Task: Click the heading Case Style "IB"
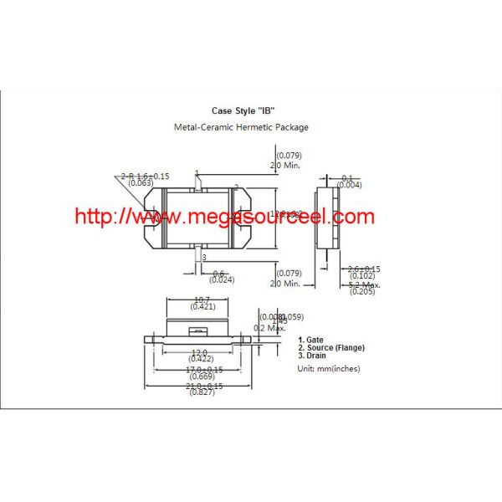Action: click(x=243, y=110)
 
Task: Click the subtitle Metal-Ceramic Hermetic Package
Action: click(x=241, y=127)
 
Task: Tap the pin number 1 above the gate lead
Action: click(x=197, y=173)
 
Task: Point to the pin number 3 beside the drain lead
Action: click(x=203, y=258)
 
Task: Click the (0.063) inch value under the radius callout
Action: click(x=142, y=182)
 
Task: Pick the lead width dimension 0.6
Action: click(x=219, y=273)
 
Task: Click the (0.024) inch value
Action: click(x=221, y=279)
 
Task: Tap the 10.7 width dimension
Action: click(x=202, y=300)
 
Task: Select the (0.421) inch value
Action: click(x=202, y=307)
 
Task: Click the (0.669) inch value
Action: click(x=202, y=377)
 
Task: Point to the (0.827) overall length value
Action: click(x=202, y=392)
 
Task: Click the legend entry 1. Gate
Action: click(x=312, y=341)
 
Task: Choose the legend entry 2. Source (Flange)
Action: click(x=331, y=347)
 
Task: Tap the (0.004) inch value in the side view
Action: click(x=350, y=185)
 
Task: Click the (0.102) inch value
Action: click(x=361, y=275)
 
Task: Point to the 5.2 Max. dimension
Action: click(x=364, y=284)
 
